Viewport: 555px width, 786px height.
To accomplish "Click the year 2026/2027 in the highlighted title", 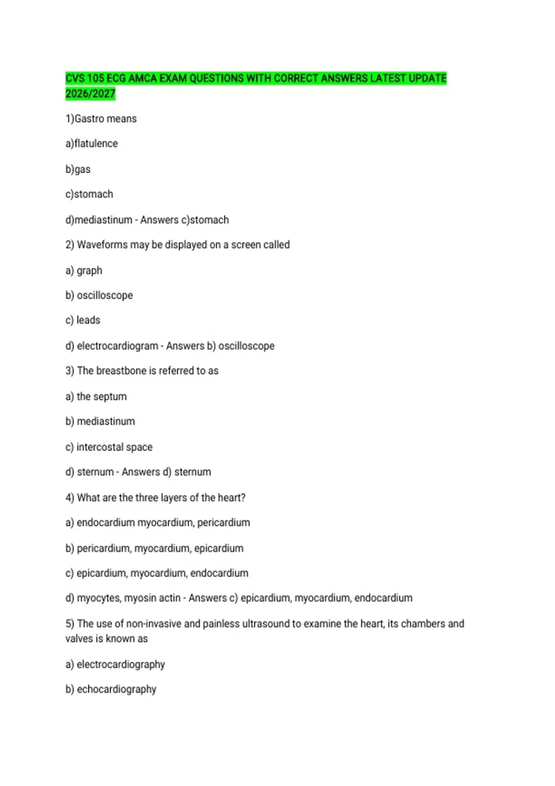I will (90, 94).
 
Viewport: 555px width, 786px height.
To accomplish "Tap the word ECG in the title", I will (116, 78).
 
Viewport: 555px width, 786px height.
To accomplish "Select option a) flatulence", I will (92, 144).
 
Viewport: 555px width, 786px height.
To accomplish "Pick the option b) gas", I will (78, 169).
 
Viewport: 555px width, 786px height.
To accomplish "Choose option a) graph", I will (84, 270).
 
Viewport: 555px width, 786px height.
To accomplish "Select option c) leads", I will (83, 320).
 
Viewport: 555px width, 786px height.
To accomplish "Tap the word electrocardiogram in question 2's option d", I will (117, 346).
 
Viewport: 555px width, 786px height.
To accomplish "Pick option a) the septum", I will (96, 397).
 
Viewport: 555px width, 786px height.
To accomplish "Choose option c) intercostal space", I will (109, 447).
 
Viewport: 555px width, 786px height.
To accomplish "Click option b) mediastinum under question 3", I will (100, 421).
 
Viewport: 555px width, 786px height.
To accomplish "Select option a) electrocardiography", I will (115, 664).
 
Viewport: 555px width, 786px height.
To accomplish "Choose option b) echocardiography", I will (111, 689).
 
